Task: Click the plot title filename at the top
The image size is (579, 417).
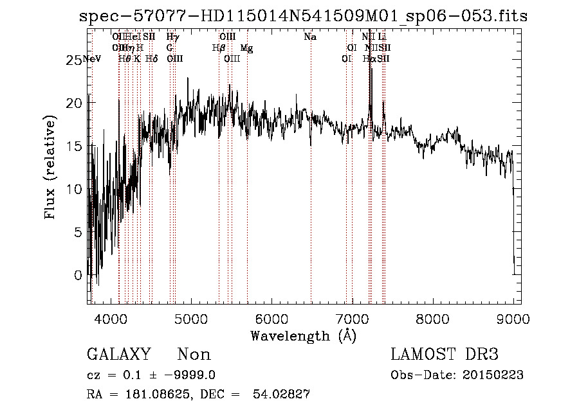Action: [x=302, y=16]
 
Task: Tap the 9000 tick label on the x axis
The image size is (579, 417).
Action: [x=513, y=318]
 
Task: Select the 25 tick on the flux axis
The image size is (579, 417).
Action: [x=75, y=60]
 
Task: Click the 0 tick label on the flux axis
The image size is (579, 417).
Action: [x=78, y=275]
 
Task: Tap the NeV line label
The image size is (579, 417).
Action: [x=92, y=59]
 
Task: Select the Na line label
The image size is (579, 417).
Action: [x=310, y=37]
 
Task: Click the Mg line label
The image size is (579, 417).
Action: [x=246, y=48]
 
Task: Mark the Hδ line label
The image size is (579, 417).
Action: [x=151, y=59]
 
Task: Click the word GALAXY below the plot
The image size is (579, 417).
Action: [x=118, y=355]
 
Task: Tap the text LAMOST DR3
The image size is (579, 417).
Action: [x=444, y=355]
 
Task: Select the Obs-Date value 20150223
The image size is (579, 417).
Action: [x=497, y=375]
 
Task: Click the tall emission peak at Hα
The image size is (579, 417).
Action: [x=370, y=64]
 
